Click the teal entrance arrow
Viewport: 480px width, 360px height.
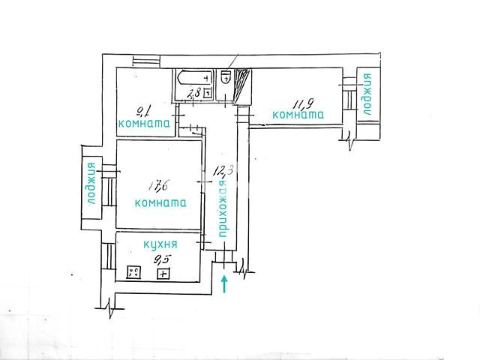(x=224, y=283)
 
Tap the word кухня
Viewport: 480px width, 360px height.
(x=160, y=244)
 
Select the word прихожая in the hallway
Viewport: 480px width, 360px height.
(x=223, y=208)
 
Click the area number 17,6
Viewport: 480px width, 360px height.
(x=159, y=185)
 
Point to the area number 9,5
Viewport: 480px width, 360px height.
(x=162, y=260)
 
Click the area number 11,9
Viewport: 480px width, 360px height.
(x=302, y=104)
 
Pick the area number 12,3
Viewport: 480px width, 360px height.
(x=223, y=170)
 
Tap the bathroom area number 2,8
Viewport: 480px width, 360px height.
(x=194, y=92)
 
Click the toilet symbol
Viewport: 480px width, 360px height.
(x=226, y=76)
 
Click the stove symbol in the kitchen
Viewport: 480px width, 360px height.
(x=133, y=271)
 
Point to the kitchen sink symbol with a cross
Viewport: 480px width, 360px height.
(x=163, y=273)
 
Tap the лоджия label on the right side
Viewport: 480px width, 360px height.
(x=367, y=94)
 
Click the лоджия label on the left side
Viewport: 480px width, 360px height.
(x=91, y=183)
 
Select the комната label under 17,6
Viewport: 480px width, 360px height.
(x=160, y=203)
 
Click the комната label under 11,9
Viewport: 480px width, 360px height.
(x=298, y=115)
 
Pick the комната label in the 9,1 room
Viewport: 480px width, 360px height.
(x=144, y=123)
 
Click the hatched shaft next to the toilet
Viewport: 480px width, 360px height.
(x=242, y=85)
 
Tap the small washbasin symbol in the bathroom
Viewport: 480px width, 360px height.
(x=208, y=92)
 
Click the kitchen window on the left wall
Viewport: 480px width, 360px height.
(x=107, y=256)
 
